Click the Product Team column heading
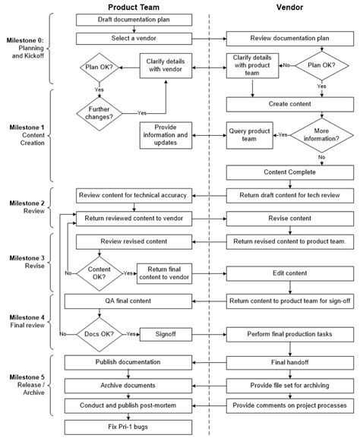coord(133,7)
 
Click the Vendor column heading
coord(289,7)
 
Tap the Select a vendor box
coord(133,36)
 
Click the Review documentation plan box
coord(289,36)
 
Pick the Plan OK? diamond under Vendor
coord(322,66)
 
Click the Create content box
coord(289,102)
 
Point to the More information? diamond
coord(322,134)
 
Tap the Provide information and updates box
coord(166,134)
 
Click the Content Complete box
coord(289,172)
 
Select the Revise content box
coord(289,218)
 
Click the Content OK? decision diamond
coord(99,272)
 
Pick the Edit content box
coord(289,272)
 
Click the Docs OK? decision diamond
coord(99,333)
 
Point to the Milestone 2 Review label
coord(27,208)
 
